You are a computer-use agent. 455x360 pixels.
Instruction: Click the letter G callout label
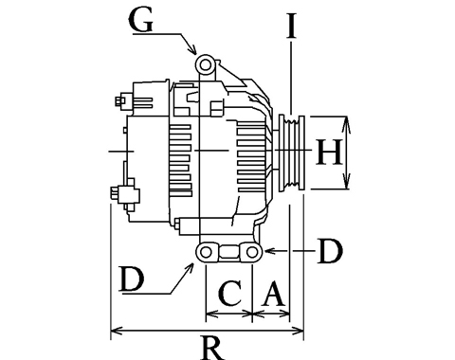click(x=141, y=21)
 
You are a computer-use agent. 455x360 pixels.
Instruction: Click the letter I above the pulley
click(x=291, y=26)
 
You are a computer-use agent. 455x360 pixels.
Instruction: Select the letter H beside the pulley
click(x=329, y=153)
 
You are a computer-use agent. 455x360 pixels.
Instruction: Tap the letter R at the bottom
click(x=212, y=348)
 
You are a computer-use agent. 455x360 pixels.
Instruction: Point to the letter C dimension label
click(x=230, y=293)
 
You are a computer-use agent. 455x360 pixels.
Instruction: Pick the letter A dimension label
click(x=274, y=295)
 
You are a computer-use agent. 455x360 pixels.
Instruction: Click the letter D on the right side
click(x=331, y=251)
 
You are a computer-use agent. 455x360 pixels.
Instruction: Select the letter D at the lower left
click(x=132, y=279)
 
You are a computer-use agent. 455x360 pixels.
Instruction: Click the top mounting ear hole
click(x=206, y=65)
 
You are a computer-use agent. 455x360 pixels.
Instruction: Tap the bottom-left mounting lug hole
click(x=206, y=252)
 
